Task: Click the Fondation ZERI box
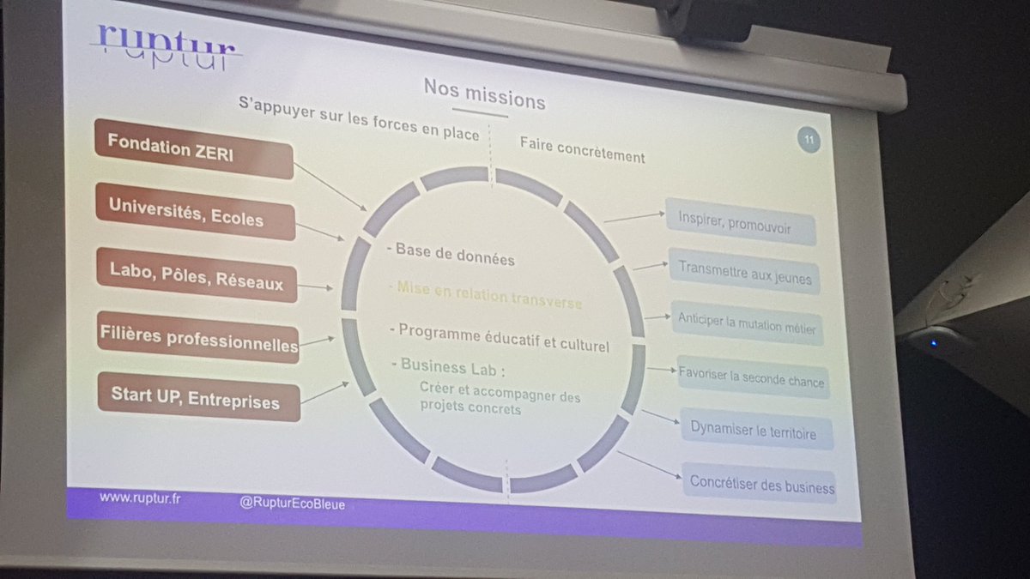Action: click(x=194, y=149)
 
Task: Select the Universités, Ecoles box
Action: click(x=195, y=212)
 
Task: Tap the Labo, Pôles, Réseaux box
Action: click(x=197, y=274)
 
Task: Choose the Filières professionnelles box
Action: click(x=198, y=338)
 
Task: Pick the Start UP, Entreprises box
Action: click(x=198, y=396)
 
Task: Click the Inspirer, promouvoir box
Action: click(x=740, y=221)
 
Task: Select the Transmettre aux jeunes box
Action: click(x=744, y=272)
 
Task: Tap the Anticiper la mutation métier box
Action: click(x=748, y=323)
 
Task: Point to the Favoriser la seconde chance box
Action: click(x=753, y=377)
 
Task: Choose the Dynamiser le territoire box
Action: click(x=757, y=429)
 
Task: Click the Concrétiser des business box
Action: click(x=759, y=483)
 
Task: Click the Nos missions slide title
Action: click(x=484, y=94)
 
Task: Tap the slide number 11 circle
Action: click(x=809, y=139)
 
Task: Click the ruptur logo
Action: click(x=165, y=47)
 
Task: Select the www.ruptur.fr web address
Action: click(x=140, y=498)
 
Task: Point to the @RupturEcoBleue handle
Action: click(x=292, y=504)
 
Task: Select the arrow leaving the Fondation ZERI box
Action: click(x=330, y=187)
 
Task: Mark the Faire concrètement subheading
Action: click(x=583, y=150)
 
